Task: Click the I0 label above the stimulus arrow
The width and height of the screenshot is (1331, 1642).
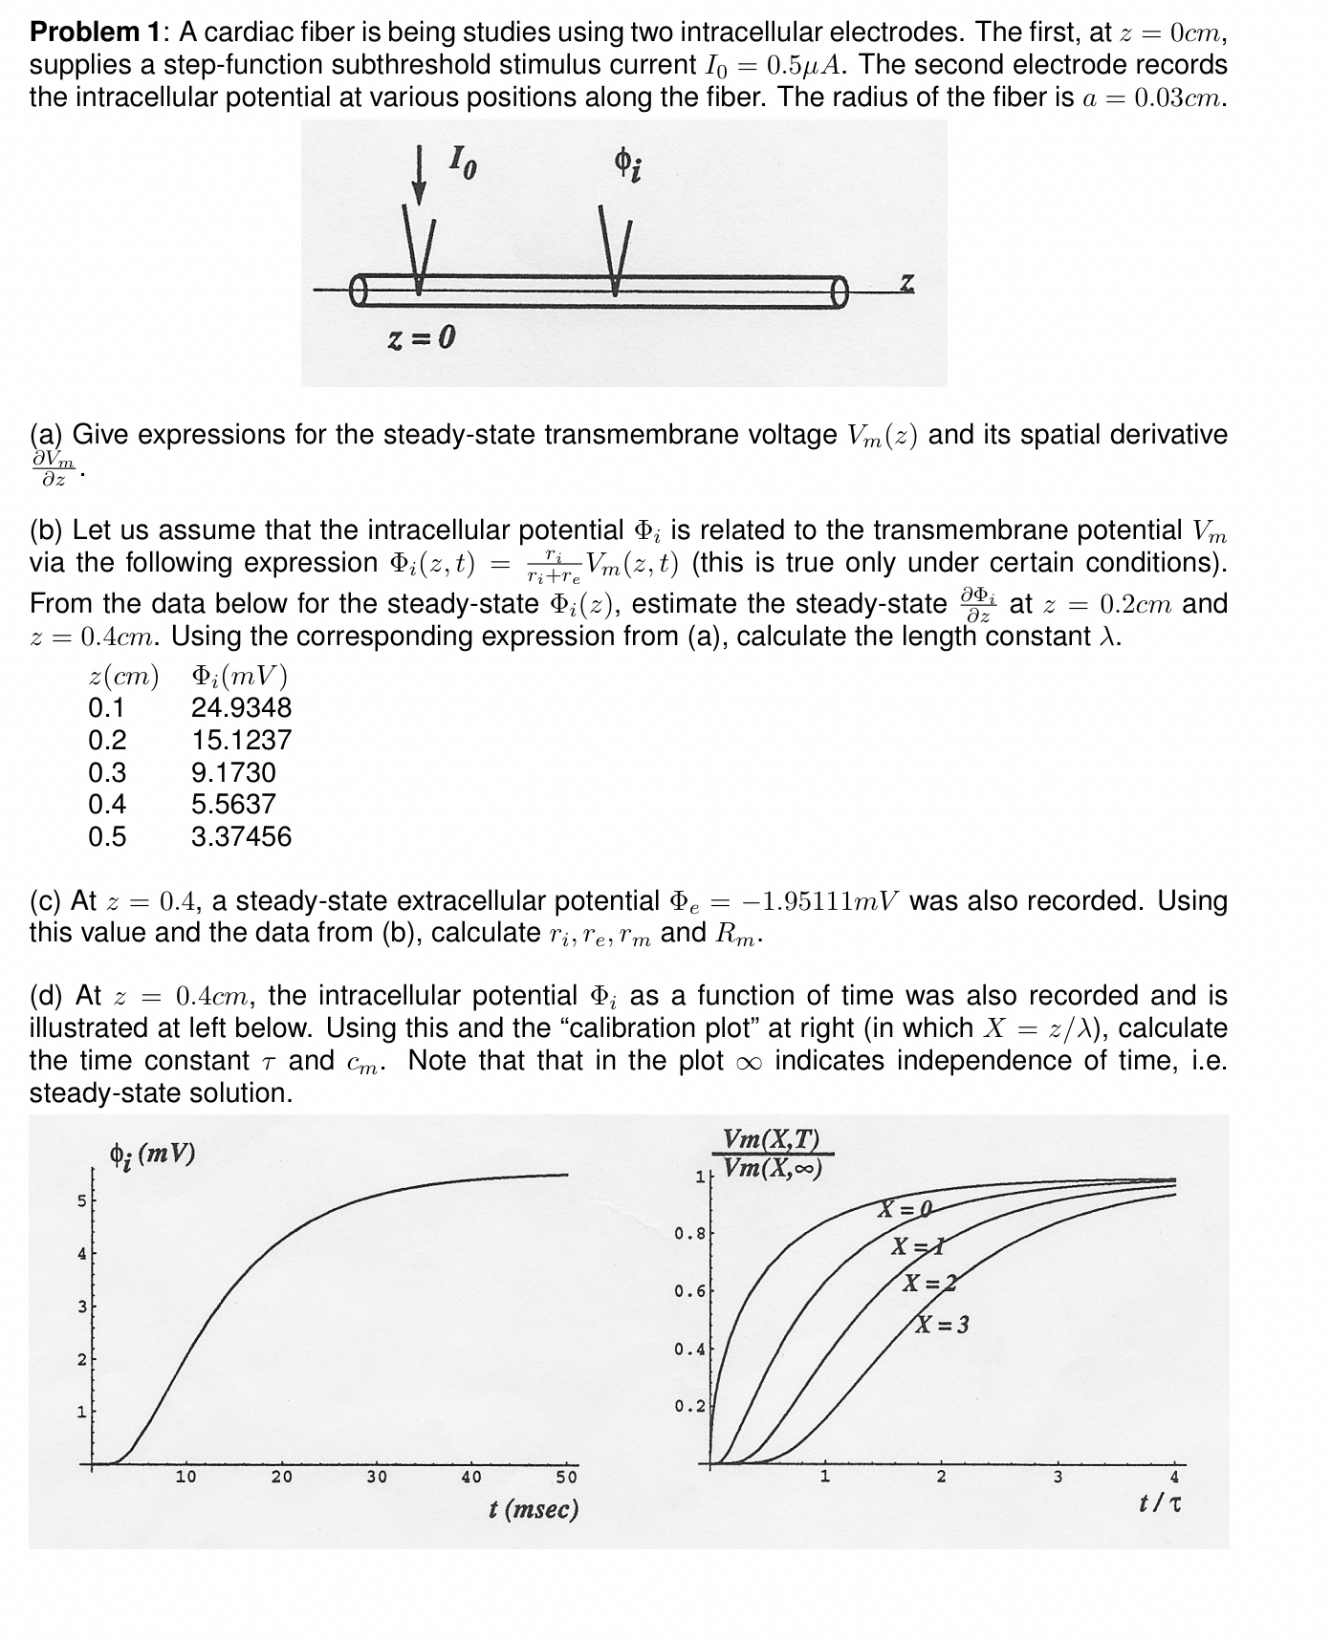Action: click(x=462, y=165)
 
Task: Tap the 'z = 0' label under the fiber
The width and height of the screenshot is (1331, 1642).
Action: click(x=422, y=337)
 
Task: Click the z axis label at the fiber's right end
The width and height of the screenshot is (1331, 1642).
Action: click(x=906, y=282)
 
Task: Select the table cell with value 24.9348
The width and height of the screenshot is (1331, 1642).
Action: click(x=241, y=708)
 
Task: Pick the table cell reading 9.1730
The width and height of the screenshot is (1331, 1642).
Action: click(x=233, y=772)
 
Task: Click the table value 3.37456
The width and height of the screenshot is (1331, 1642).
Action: click(x=241, y=837)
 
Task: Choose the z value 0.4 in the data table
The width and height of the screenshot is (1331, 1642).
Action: click(x=107, y=805)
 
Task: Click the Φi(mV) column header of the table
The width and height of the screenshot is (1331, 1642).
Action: click(x=239, y=677)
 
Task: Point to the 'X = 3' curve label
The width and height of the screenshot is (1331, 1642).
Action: click(x=943, y=1325)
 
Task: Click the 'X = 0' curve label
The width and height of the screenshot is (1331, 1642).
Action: click(x=905, y=1211)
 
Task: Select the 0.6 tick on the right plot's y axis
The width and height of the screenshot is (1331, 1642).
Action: click(x=689, y=1291)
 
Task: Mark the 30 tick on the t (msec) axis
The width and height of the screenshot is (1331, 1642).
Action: click(x=377, y=1477)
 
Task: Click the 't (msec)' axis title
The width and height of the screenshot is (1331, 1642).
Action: click(x=534, y=1509)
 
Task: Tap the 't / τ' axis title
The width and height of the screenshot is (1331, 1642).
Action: click(x=1160, y=1503)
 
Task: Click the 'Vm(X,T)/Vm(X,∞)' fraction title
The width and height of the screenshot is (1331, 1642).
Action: click(x=772, y=1154)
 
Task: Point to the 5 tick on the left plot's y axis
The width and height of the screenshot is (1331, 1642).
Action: click(x=82, y=1200)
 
